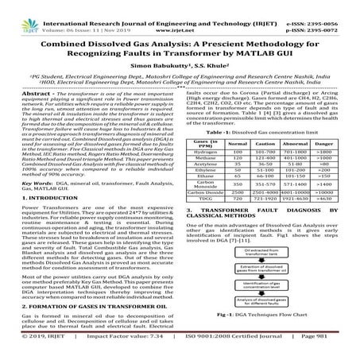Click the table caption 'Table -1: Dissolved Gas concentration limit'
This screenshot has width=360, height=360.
[x=268, y=131]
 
